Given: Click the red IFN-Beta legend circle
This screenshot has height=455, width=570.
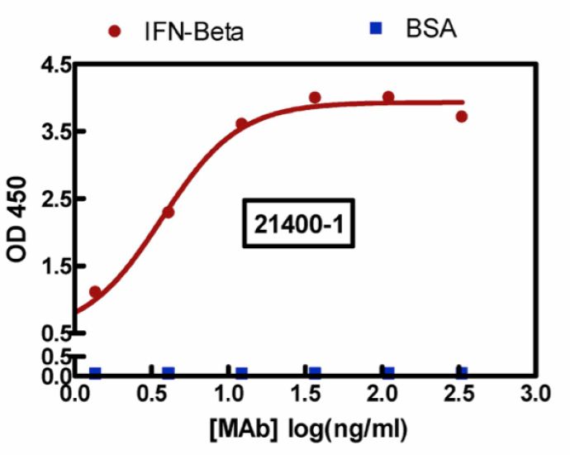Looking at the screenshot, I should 115,32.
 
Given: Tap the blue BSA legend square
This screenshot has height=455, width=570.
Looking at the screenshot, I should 376,30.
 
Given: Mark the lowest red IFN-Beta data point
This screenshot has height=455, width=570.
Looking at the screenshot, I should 96,292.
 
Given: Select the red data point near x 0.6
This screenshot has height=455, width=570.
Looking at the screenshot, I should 168,213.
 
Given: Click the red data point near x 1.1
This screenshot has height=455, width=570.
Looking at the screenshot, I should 241,124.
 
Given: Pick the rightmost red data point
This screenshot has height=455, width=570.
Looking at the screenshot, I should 462,117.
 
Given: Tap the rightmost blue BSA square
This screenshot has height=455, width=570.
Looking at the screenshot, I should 462,373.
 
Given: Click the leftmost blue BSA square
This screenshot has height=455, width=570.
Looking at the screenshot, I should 95,373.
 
